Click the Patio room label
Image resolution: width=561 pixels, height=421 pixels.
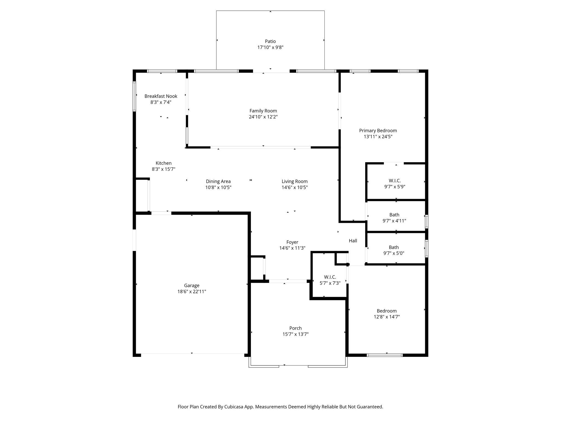pyautogui.click(x=270, y=41)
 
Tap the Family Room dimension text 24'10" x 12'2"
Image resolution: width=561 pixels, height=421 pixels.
pyautogui.click(x=263, y=117)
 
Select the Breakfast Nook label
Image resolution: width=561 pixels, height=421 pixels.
pyautogui.click(x=161, y=96)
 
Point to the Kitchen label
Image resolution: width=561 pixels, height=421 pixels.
pyautogui.click(x=164, y=163)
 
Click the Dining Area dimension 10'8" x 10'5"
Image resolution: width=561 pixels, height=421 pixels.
pyautogui.click(x=218, y=187)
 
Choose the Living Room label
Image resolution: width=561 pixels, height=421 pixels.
pyautogui.click(x=294, y=181)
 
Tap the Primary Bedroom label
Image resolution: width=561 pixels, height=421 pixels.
pyautogui.click(x=378, y=131)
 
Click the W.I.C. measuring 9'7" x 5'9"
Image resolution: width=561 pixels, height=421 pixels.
pyautogui.click(x=395, y=181)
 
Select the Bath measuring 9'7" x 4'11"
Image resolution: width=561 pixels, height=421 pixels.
pyautogui.click(x=394, y=215)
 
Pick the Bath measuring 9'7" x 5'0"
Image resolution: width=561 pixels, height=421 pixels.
pyautogui.click(x=394, y=248)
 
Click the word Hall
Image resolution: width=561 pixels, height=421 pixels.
pyautogui.click(x=353, y=241)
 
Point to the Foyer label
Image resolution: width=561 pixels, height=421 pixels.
pyautogui.click(x=292, y=242)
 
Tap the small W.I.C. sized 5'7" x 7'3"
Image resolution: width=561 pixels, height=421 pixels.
pyautogui.click(x=330, y=277)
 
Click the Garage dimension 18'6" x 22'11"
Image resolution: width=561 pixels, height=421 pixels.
pyautogui.click(x=192, y=292)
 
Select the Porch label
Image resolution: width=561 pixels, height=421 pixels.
pyautogui.click(x=295, y=328)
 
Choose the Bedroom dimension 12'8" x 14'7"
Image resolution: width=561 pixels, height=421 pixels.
pyautogui.click(x=387, y=317)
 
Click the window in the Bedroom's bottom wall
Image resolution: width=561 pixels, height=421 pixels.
pyautogui.click(x=385, y=355)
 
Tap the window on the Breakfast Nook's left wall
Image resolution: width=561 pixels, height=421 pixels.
pyautogui.click(x=134, y=96)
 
